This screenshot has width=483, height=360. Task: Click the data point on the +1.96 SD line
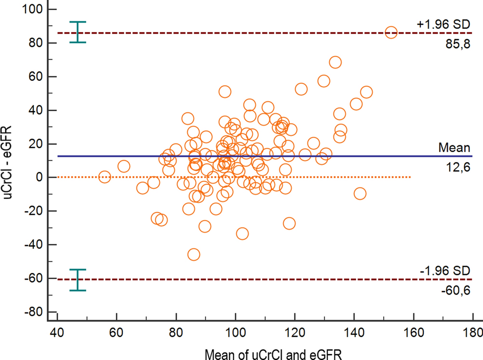tap(391, 32)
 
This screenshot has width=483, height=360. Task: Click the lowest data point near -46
tap(194, 255)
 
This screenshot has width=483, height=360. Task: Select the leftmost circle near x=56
tap(104, 177)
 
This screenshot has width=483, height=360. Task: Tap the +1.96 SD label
tap(444, 23)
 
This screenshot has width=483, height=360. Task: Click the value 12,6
tap(458, 167)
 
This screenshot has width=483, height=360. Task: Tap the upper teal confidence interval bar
tap(78, 32)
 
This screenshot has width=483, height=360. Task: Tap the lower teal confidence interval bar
tap(78, 280)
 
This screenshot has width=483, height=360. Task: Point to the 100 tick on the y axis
tap(33, 9)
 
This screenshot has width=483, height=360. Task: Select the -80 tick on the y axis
tap(33, 312)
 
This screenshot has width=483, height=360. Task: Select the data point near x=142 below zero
tap(360, 193)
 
